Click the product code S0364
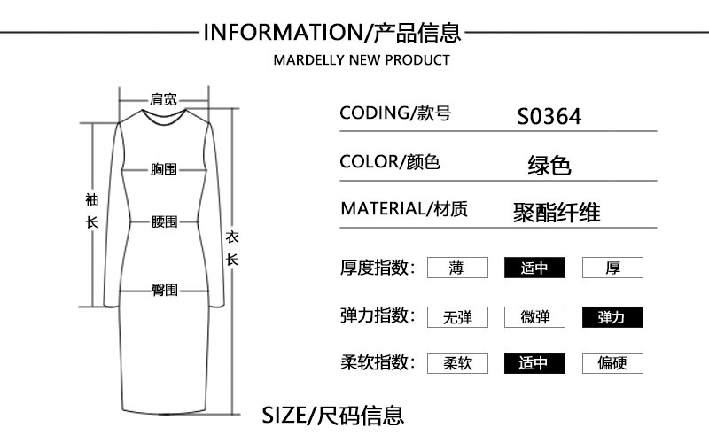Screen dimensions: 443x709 pos(549,116)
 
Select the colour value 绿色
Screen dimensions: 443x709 pos(549,165)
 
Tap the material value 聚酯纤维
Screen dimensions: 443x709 pos(557,213)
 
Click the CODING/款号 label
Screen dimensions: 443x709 pos(395,113)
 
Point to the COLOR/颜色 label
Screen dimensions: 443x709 pos(390,162)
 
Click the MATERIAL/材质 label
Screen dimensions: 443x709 pos(404,210)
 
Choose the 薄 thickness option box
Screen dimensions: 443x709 pos(457,268)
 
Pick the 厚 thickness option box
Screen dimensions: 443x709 pos(612,268)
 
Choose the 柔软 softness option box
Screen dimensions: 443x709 pos(457,363)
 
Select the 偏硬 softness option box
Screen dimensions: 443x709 pos(612,363)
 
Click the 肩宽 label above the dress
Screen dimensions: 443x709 pos(164,99)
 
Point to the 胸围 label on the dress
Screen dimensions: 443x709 pos(164,168)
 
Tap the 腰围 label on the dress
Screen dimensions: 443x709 pos(164,221)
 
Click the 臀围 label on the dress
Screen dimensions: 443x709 pos(164,290)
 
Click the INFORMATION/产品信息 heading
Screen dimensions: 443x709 pos(332,34)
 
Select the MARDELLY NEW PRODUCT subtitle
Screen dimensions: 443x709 pos(361,60)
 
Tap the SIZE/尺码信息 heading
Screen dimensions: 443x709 pos(332,414)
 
